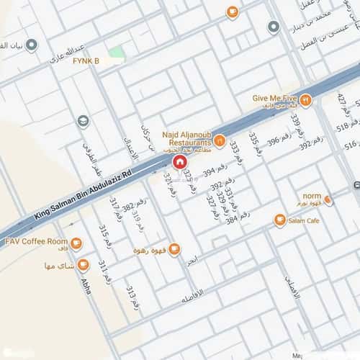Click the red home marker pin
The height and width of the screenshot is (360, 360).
tap(178, 161)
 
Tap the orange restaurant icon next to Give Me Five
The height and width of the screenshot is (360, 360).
tap(305, 101)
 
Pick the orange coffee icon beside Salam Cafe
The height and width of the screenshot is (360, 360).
tap(279, 220)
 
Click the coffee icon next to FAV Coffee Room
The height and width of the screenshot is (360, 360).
tap(77, 243)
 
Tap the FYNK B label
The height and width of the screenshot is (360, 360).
tap(86, 60)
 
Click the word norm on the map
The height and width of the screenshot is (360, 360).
tap(312, 196)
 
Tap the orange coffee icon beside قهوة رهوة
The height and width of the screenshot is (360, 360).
tap(174, 250)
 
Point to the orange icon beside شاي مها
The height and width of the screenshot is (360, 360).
tap(83, 265)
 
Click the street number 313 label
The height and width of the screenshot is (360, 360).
tap(132, 297)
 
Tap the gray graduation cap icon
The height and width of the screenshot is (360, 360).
tap(84, 121)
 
